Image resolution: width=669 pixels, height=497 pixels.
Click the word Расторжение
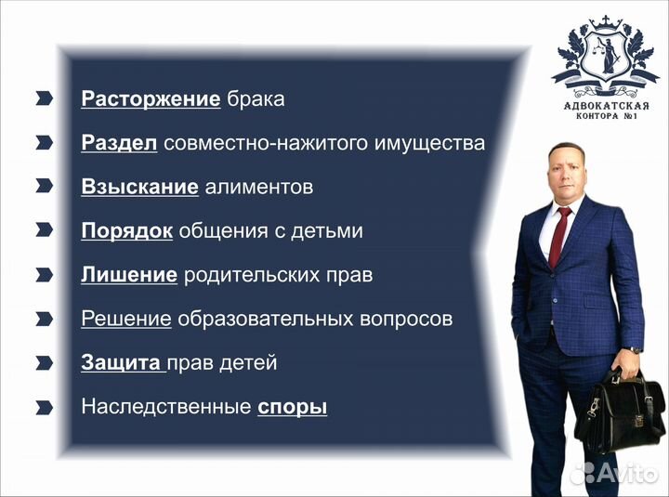[151, 99]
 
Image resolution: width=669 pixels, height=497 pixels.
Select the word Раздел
[119, 143]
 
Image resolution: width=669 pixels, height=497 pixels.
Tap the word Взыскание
[139, 187]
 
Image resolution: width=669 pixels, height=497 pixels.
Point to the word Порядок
[126, 230]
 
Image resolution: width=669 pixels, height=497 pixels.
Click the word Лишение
[129, 275]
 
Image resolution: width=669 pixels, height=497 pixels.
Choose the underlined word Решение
[126, 319]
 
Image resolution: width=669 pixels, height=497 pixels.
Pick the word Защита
[122, 362]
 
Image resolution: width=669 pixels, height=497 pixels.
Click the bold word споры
[292, 407]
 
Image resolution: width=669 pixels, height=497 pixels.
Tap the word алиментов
[258, 187]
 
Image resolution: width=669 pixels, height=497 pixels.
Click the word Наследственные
[165, 407]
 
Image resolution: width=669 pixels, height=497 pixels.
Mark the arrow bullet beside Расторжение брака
[45, 98]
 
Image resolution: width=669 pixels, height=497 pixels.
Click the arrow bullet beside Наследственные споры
[45, 407]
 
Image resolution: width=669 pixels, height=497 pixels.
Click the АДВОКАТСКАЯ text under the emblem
[607, 105]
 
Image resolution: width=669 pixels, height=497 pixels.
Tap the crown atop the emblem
[609, 21]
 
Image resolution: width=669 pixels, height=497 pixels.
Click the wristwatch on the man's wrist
[636, 351]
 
